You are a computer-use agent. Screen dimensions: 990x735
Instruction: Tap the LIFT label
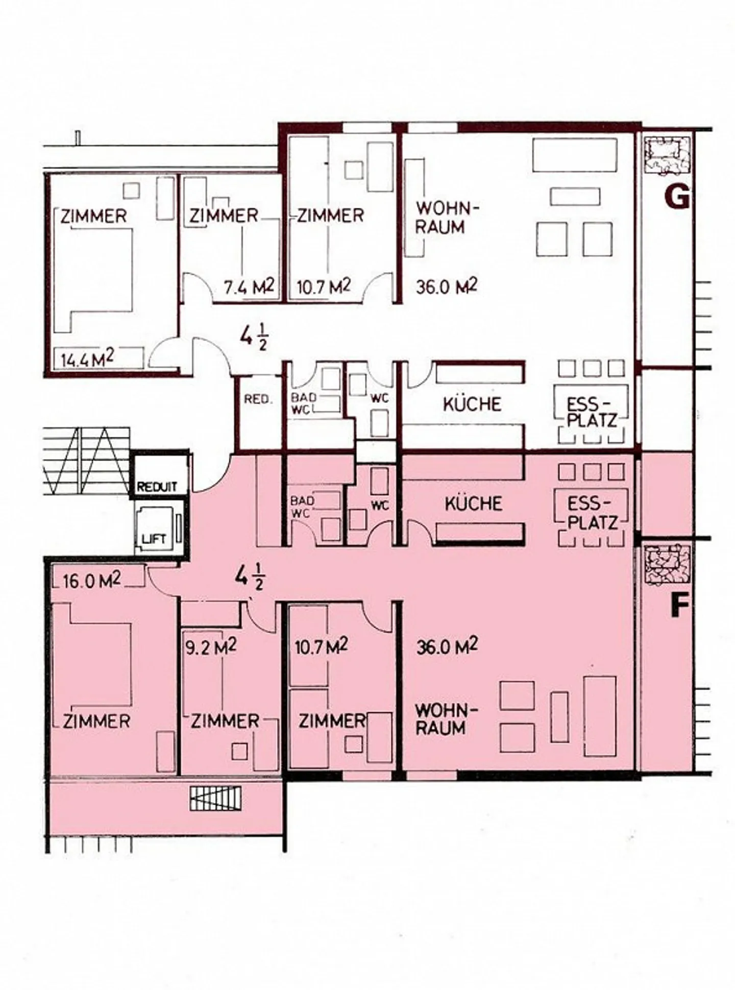[154, 539]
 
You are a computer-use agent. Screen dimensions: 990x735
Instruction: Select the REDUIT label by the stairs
[157, 487]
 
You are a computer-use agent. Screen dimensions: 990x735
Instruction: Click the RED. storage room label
[258, 399]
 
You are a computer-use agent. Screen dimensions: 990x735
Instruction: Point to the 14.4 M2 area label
[86, 359]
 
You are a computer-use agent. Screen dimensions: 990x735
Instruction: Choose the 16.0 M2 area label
[92, 581]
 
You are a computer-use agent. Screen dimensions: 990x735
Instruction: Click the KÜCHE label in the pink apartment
[473, 504]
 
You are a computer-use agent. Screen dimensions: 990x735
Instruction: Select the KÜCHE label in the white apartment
[472, 404]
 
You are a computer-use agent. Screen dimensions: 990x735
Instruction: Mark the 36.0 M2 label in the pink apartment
[447, 647]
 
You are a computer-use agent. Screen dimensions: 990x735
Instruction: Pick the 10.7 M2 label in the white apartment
[323, 287]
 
